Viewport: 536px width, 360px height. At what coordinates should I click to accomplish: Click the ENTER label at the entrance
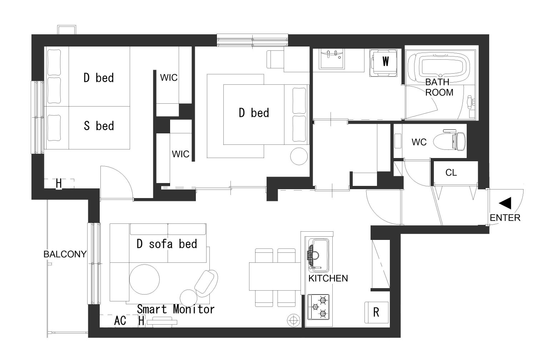click(x=505, y=218)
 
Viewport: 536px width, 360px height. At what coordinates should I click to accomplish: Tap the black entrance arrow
click(x=506, y=203)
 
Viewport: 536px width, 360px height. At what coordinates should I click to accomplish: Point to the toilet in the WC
click(x=450, y=141)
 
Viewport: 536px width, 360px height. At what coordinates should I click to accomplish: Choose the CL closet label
click(x=451, y=173)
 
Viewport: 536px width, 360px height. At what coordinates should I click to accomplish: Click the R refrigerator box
click(x=376, y=312)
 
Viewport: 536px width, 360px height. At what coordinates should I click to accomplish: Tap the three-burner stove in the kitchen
click(x=318, y=307)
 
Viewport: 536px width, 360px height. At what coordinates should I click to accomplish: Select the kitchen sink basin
click(x=318, y=255)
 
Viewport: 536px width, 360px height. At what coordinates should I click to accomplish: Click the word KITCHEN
click(x=328, y=278)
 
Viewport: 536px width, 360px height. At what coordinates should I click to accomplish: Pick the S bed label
click(x=99, y=126)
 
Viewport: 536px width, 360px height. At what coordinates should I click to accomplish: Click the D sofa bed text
click(x=167, y=244)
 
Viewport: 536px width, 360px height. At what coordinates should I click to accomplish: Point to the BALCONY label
click(x=65, y=254)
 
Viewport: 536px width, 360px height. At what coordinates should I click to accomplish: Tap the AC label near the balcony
click(x=120, y=321)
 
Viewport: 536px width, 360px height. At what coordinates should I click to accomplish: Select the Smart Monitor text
click(x=176, y=309)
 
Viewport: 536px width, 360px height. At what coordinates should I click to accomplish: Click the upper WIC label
click(x=169, y=78)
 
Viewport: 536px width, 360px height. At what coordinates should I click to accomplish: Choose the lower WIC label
click(x=180, y=154)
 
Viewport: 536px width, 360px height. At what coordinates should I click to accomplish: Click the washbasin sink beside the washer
click(x=332, y=59)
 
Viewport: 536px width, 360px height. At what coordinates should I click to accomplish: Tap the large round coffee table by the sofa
click(x=144, y=279)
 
